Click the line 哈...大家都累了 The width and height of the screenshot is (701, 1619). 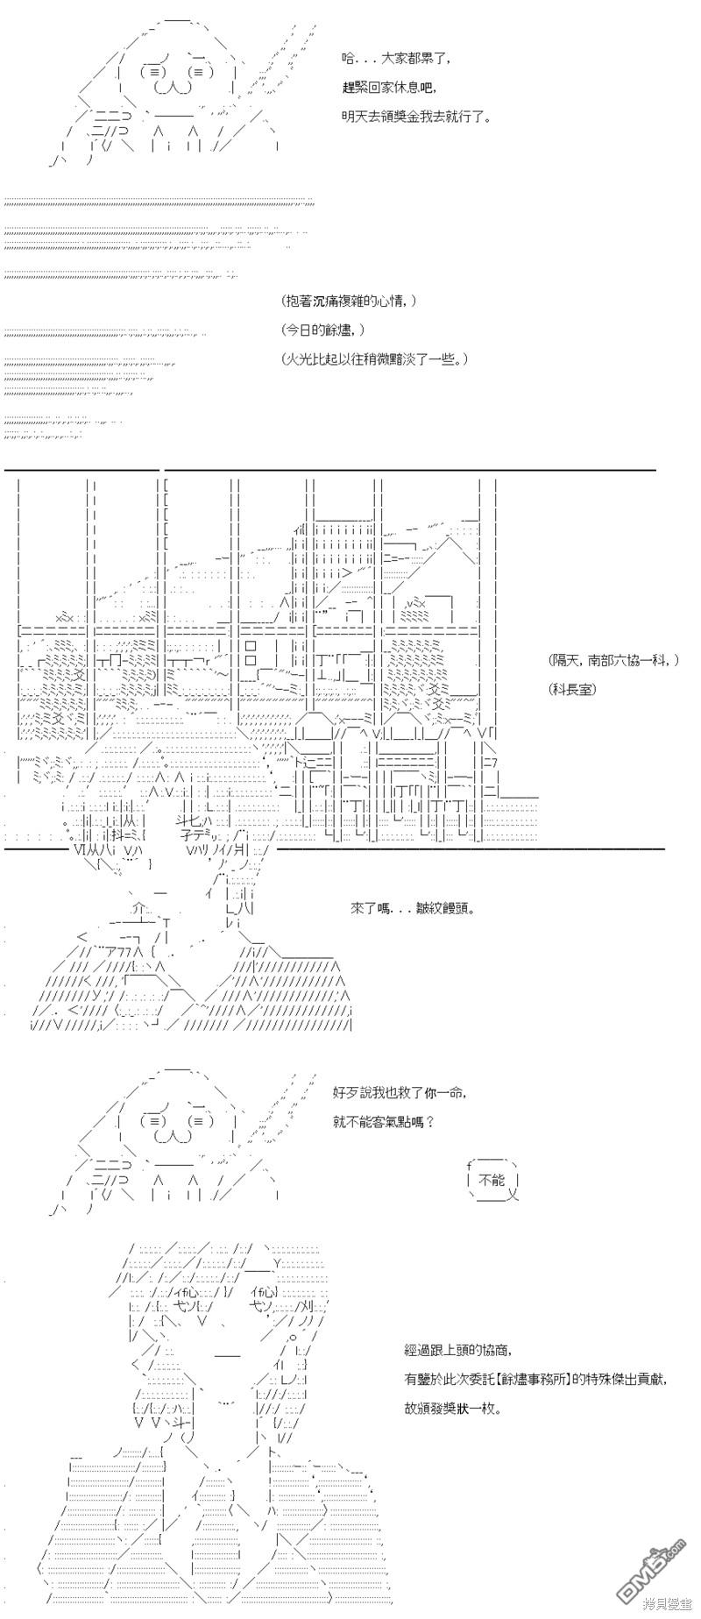pos(396,59)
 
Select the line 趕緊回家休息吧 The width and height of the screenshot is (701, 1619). pos(388,88)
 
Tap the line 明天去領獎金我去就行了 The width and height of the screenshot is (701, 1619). pos(416,117)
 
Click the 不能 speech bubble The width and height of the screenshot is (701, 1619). pos(493,1181)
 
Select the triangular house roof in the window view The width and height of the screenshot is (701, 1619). pos(455,550)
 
